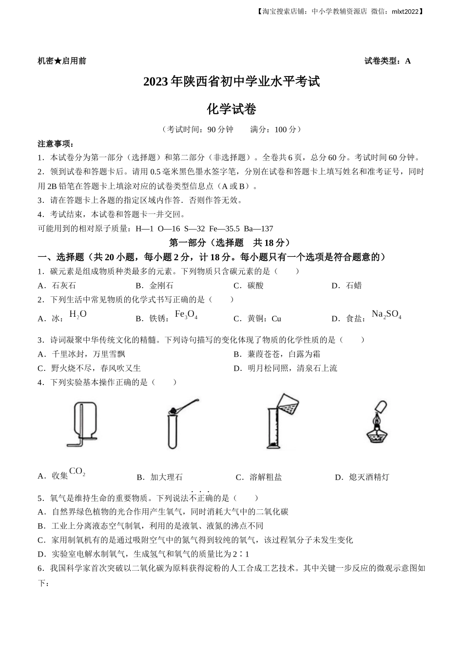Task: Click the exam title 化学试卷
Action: (x=231, y=109)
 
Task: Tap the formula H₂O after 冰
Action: (x=78, y=314)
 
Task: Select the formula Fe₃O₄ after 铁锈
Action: (x=186, y=315)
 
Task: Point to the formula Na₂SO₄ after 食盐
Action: (x=386, y=315)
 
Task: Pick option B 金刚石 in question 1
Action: (x=154, y=286)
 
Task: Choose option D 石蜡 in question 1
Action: (x=347, y=286)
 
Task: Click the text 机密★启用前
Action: (x=61, y=61)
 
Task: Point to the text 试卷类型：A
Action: (x=387, y=61)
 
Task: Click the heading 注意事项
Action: (x=56, y=144)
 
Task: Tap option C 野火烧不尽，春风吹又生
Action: (x=89, y=368)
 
